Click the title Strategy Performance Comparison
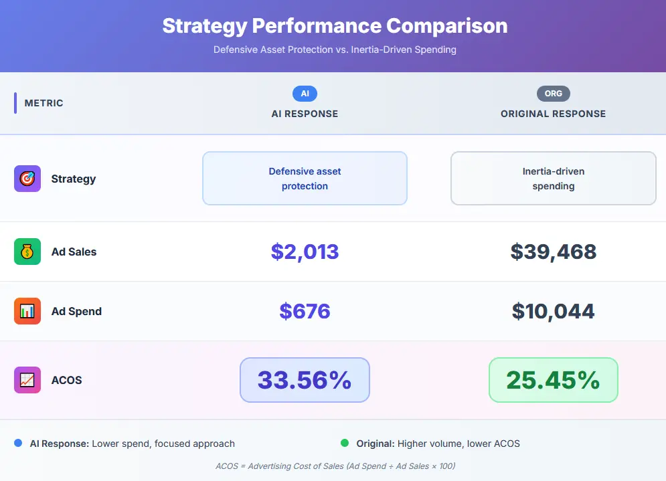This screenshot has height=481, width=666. tap(335, 26)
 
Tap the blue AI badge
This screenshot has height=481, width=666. tap(305, 94)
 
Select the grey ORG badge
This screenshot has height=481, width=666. tap(553, 94)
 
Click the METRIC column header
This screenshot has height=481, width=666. tap(44, 103)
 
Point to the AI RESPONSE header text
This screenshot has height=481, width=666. tap(305, 114)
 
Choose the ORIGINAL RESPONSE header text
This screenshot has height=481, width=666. tap(553, 114)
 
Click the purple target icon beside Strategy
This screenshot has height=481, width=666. tap(27, 179)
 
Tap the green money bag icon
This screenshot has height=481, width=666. tap(27, 252)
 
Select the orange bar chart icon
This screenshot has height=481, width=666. tap(27, 311)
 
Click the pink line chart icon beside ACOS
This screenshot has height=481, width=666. tap(27, 380)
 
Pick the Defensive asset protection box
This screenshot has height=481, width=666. tap(305, 179)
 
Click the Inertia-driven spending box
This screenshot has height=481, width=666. tap(553, 179)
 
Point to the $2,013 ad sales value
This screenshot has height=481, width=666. tap(305, 252)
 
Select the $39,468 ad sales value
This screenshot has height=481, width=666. tap(553, 252)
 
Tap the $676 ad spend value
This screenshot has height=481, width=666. tap(305, 311)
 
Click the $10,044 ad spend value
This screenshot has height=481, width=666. tap(553, 311)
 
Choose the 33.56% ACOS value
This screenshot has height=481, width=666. tap(305, 380)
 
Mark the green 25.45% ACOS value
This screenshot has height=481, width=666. tap(553, 380)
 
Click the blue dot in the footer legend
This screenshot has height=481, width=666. tap(18, 443)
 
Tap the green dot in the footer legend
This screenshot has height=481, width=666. tap(345, 443)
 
